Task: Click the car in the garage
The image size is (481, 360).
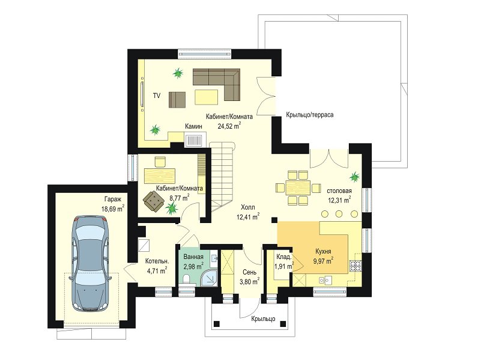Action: click(x=90, y=264)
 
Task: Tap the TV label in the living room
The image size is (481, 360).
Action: click(x=157, y=96)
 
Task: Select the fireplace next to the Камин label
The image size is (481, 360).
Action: click(x=195, y=139)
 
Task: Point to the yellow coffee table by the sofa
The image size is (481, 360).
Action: click(x=206, y=97)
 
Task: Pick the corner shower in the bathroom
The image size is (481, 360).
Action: click(x=210, y=278)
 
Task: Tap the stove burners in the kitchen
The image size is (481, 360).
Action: click(x=356, y=266)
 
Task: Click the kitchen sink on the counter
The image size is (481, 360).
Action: click(x=325, y=280)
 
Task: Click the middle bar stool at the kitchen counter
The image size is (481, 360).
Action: click(x=339, y=213)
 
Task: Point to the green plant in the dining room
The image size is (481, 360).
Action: click(x=355, y=177)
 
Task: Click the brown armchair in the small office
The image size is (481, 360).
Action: click(x=153, y=201)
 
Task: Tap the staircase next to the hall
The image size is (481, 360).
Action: click(x=223, y=177)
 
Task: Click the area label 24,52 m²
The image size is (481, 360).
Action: click(x=229, y=126)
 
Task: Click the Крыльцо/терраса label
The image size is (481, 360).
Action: click(x=309, y=115)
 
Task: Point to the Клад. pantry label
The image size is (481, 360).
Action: click(x=284, y=257)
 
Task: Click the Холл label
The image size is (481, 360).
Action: click(x=248, y=207)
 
